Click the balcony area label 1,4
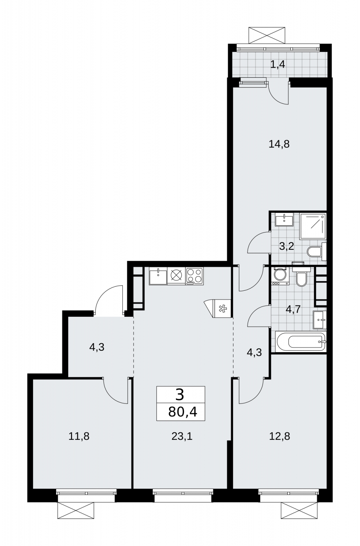[278, 65]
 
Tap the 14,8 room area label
[279, 144]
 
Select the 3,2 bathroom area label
[286, 247]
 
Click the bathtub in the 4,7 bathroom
[301, 342]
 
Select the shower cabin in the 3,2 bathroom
[313, 226]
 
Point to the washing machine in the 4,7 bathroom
[280, 276]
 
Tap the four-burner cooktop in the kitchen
[194, 276]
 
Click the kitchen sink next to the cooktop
[158, 276]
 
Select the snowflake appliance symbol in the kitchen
[222, 309]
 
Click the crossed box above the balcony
[267, 35]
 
